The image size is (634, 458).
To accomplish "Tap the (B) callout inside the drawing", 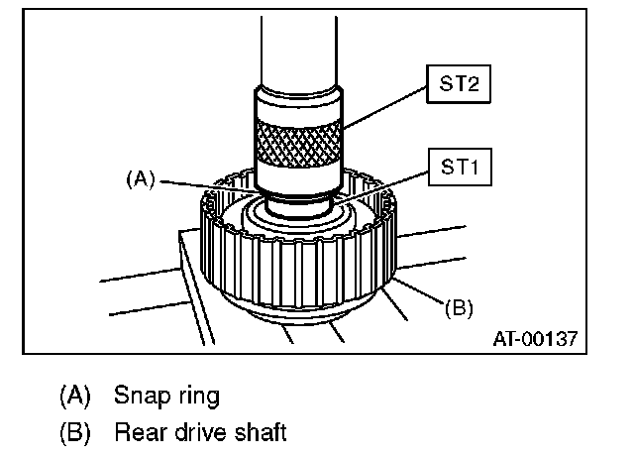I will [x=458, y=308].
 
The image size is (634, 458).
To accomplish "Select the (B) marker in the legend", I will [x=76, y=432].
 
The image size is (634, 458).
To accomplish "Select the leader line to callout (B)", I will [x=416, y=294].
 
